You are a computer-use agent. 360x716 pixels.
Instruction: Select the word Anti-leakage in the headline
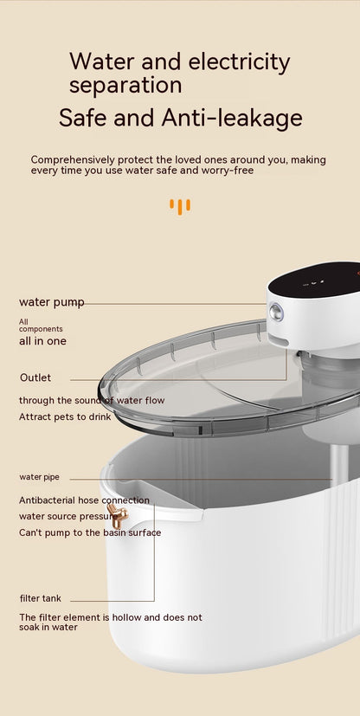point(232,118)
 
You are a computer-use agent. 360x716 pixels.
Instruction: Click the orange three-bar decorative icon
point(180,206)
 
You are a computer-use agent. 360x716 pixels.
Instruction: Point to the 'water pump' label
point(52,303)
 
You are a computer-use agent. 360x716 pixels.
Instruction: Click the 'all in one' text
point(43,341)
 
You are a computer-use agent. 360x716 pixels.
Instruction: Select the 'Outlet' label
point(35,377)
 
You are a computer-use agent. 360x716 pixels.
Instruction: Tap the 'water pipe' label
point(39,477)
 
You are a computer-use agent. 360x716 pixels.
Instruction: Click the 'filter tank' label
point(41,598)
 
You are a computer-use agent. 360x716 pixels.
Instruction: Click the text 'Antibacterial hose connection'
point(84,500)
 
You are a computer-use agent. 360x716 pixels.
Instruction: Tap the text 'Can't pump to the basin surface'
point(90,532)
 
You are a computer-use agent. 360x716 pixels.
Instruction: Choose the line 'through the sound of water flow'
point(92,401)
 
